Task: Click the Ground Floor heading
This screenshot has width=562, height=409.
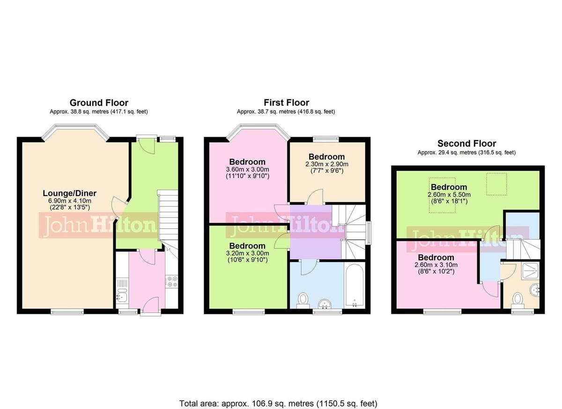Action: point(99,103)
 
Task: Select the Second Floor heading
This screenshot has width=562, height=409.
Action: point(466,144)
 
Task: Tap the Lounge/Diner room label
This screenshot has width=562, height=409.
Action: point(69,193)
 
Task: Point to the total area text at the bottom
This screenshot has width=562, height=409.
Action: point(278,403)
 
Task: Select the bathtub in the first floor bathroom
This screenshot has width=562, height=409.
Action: point(354,285)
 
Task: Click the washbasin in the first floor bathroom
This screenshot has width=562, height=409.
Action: point(324,304)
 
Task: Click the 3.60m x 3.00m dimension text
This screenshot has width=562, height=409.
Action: point(247,169)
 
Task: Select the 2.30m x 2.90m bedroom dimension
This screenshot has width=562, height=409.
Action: point(327,164)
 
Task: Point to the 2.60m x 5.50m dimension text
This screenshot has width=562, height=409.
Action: point(449,195)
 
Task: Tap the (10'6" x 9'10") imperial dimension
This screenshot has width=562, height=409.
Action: point(247,260)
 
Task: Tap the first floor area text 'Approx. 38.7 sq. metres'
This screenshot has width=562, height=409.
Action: point(286,112)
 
